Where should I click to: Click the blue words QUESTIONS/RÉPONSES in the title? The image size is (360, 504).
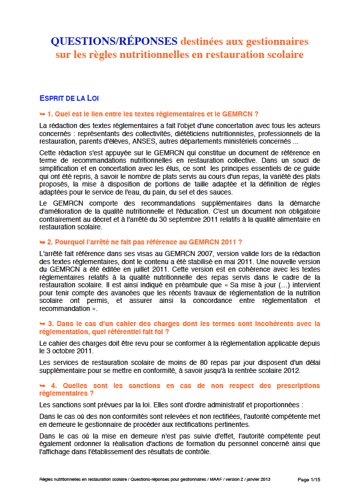(x=114, y=41)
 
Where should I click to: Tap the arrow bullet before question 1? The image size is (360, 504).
(x=42, y=114)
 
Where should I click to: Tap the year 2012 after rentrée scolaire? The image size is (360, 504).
(x=291, y=371)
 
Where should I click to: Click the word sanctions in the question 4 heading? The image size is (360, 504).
(x=128, y=386)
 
